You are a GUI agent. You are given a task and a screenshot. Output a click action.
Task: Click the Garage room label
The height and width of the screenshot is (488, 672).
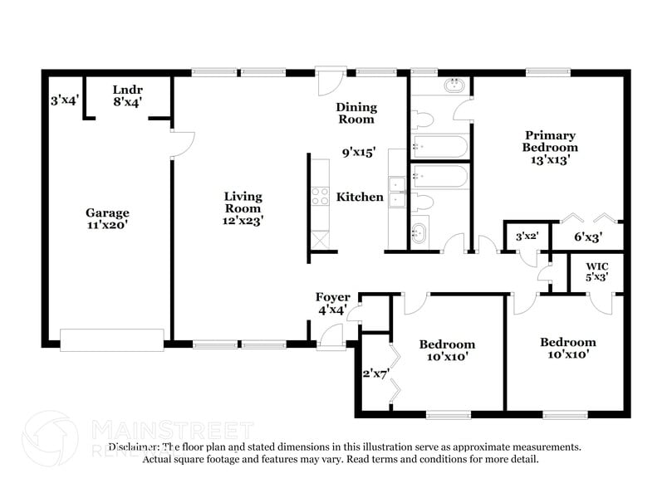coord(107,212)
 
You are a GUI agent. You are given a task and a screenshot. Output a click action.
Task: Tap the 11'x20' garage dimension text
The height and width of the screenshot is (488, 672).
coord(107,224)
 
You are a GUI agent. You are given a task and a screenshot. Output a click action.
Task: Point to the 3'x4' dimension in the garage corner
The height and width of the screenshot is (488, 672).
coord(64,100)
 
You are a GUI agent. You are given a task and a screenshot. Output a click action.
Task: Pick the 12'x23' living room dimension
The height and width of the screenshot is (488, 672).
coord(243,221)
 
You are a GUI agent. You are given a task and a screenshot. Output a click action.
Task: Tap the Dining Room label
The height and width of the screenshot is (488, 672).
coord(356,113)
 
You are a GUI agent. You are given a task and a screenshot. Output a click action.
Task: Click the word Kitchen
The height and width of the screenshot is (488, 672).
coord(360,197)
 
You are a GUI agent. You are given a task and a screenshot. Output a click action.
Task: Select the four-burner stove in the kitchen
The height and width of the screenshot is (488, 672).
coord(320,197)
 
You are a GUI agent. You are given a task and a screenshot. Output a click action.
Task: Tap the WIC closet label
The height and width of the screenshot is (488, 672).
coord(597,266)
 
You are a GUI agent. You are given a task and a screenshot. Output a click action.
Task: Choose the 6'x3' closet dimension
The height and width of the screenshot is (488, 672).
coord(588,237)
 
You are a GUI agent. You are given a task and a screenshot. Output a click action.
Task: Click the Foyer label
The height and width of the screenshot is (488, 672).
coord(332,297)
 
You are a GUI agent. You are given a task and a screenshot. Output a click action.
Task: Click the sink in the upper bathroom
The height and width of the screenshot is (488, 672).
coord(454,85)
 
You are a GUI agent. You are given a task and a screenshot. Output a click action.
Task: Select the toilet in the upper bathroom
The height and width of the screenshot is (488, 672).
coord(419,117)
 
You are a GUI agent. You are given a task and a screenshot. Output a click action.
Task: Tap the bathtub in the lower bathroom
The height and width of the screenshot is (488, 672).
coord(440,177)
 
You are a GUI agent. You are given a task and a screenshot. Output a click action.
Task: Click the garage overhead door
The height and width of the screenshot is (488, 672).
coord(112,339)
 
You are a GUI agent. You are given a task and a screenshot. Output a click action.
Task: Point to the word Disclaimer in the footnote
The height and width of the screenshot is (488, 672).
coord(120,447)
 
